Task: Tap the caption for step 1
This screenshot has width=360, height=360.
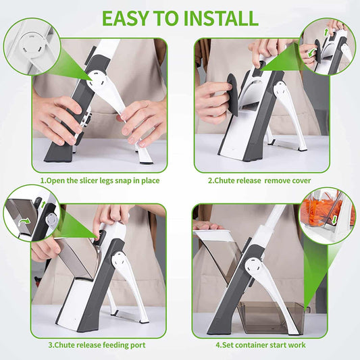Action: (100, 180)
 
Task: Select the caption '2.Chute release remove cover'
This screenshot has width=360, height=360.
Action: (260, 180)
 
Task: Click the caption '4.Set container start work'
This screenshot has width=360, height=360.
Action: (260, 345)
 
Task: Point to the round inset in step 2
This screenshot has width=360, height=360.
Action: (328, 46)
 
